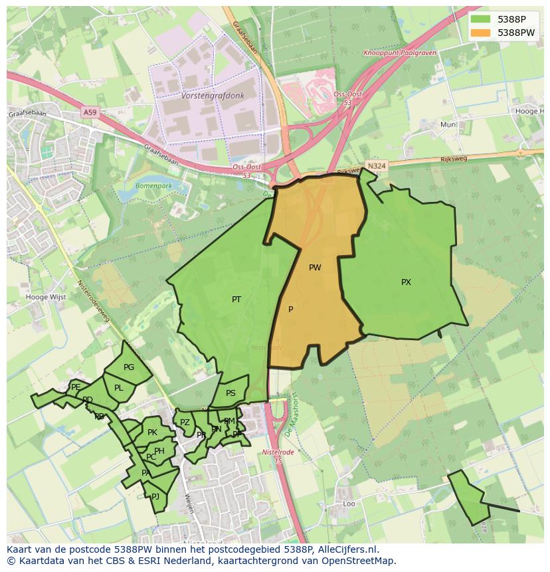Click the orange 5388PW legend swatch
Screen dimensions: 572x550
(480, 32)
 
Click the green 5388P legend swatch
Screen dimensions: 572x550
(480, 19)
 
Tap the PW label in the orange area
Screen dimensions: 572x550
(315, 268)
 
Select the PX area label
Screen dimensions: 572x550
(406, 282)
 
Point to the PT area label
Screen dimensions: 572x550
(236, 300)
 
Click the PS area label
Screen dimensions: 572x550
(230, 393)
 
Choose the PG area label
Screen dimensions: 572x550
(129, 367)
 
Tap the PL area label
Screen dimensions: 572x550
(119, 388)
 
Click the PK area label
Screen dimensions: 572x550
(152, 432)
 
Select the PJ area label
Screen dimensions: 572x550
(155, 496)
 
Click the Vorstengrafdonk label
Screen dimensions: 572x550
(213, 96)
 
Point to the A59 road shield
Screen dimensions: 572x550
(90, 113)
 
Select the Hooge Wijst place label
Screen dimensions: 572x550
(46, 297)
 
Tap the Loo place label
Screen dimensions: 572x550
(349, 504)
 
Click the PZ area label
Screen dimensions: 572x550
(185, 423)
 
